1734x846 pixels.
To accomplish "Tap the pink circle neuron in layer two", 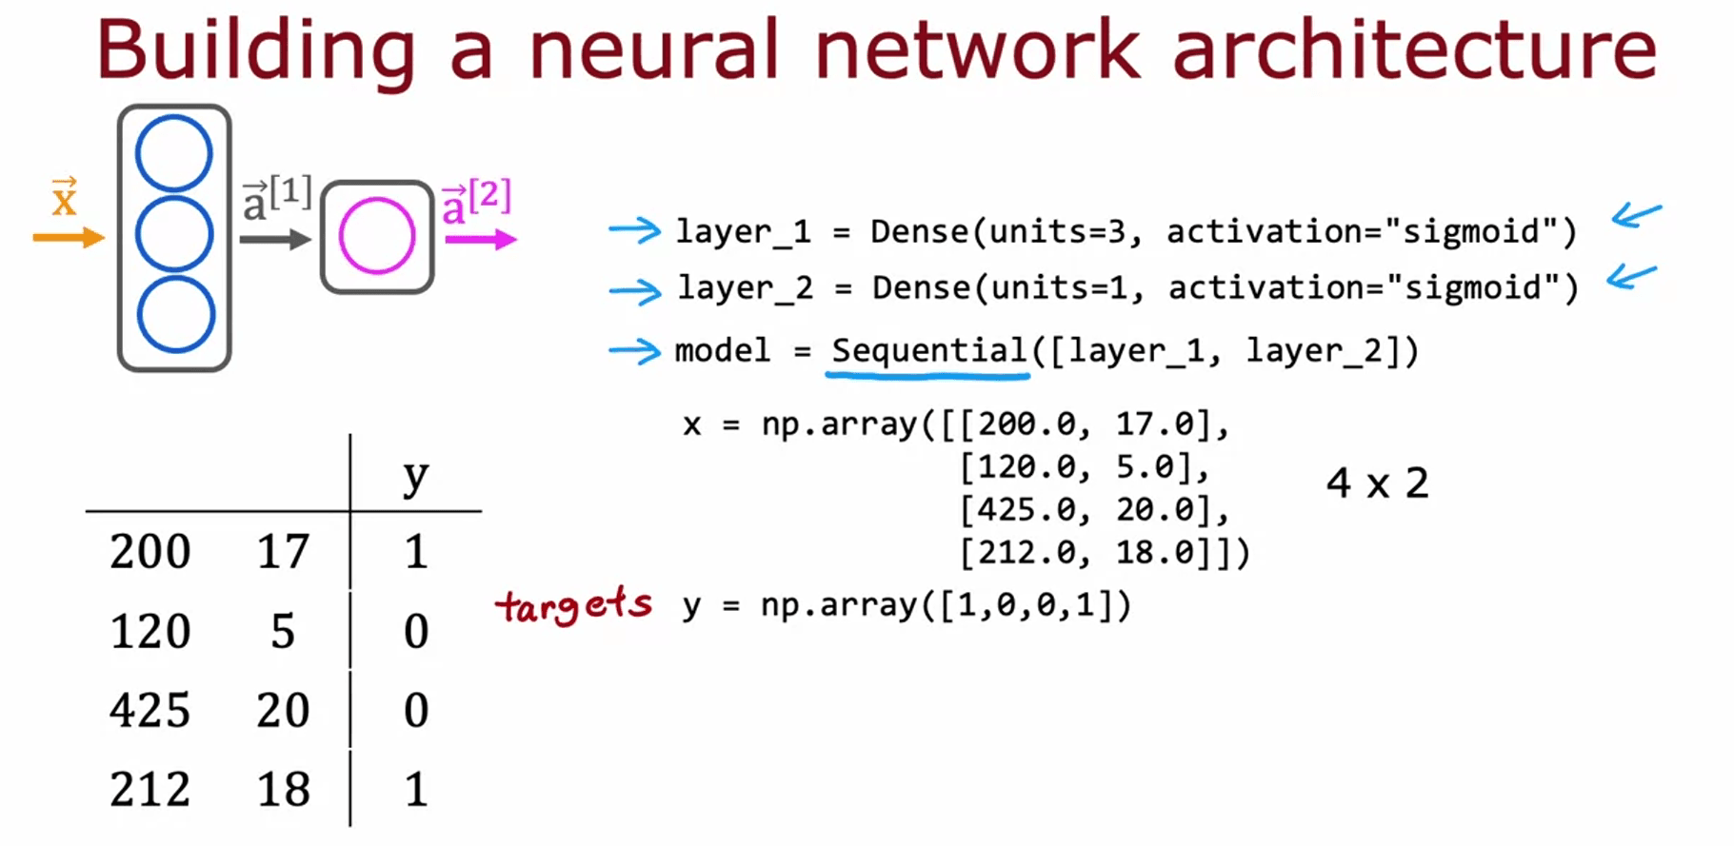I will (377, 236).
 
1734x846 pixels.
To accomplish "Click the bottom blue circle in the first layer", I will (176, 315).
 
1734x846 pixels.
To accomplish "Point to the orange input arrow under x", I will (68, 237).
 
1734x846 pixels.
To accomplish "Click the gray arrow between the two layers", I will (275, 239).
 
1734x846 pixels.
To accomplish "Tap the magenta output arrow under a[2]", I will (481, 239).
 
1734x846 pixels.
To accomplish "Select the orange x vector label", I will (64, 198).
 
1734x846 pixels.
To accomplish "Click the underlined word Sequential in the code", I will (928, 350).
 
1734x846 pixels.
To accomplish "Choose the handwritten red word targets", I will (574, 605).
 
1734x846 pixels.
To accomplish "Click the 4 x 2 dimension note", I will (1377, 483).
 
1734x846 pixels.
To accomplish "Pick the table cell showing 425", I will (149, 710).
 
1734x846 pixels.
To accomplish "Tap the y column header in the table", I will (415, 476).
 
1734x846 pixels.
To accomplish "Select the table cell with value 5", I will (283, 631).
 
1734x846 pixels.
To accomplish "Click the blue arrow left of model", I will (635, 351).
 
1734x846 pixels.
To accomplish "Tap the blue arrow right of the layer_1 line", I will (1636, 216).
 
